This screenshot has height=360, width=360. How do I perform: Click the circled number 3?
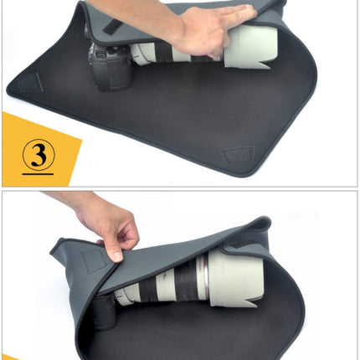pyautogui.click(x=37, y=156)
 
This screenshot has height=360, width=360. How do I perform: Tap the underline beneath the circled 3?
pyautogui.click(x=37, y=173)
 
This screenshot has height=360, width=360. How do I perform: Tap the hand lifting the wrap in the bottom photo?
pyautogui.click(x=109, y=226)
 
